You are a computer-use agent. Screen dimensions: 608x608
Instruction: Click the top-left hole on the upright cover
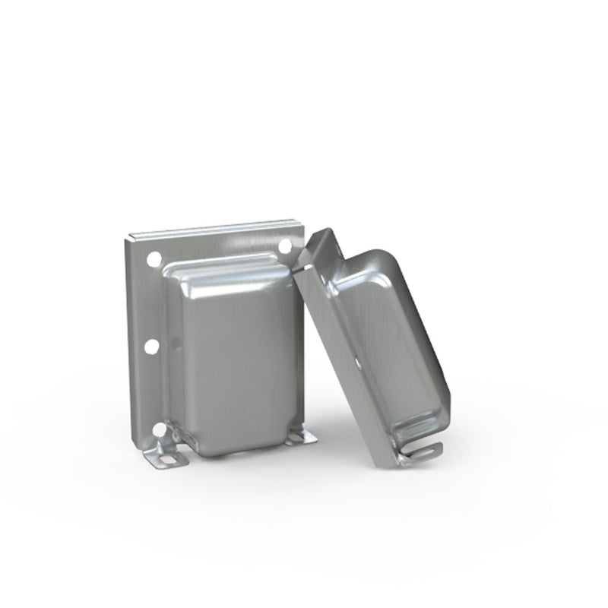tap(154, 258)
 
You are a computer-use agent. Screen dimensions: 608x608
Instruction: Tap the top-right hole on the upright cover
tap(285, 246)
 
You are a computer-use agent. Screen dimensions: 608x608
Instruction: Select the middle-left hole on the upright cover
tap(152, 347)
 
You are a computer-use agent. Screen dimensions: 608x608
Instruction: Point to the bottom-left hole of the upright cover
tap(158, 431)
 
